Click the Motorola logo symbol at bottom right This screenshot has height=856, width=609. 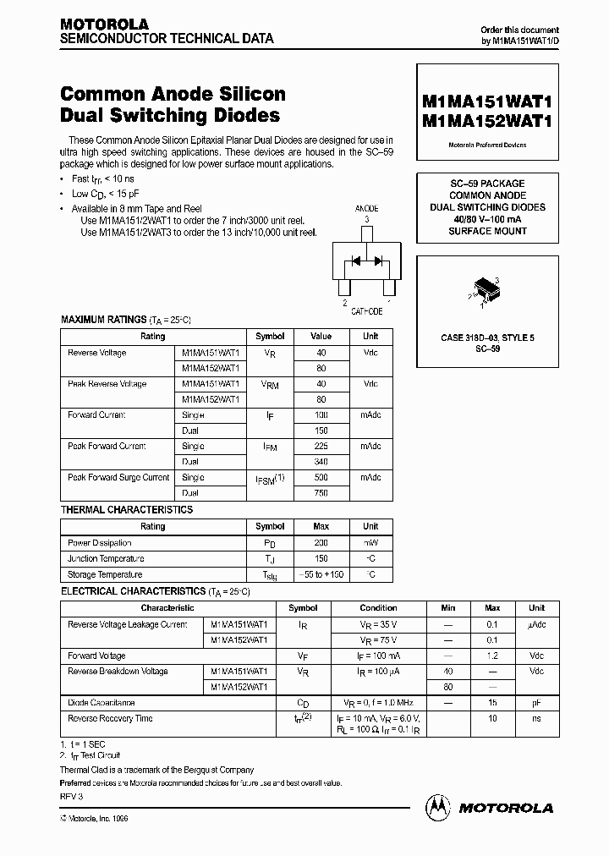coord(439,807)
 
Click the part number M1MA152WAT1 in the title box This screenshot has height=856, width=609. coord(486,121)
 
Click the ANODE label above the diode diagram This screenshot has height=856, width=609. coord(366,207)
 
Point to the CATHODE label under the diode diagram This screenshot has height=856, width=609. coord(366,311)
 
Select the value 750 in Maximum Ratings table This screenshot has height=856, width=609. coord(321,493)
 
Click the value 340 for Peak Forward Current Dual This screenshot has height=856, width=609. coord(321,462)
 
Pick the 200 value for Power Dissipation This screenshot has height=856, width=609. coord(321,543)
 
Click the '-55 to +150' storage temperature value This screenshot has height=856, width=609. coord(321,574)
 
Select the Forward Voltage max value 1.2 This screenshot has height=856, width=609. coord(492,656)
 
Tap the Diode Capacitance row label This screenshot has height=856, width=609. coord(101,703)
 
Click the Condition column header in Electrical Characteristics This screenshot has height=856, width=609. coord(378,608)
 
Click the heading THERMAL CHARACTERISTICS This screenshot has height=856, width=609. coord(127,510)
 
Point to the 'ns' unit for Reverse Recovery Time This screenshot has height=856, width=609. coord(536,718)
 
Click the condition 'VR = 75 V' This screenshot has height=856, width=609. coord(378,640)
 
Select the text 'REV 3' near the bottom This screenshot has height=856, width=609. coord(72,797)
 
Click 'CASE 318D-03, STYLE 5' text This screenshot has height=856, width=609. coord(487,338)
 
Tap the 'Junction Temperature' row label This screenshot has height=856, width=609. coord(106,559)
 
